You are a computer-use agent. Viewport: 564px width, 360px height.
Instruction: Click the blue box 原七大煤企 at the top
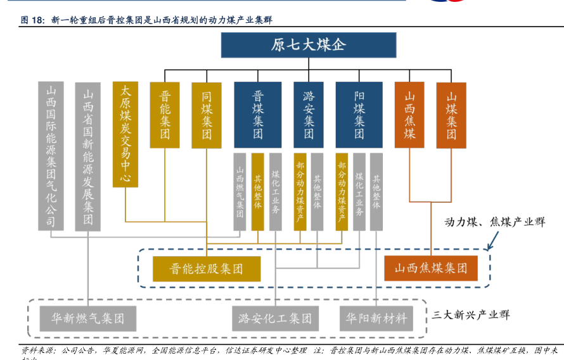point(309,45)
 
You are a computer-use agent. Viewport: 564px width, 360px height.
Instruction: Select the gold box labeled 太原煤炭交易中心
point(125,134)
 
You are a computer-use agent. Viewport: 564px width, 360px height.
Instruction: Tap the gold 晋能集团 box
point(165,115)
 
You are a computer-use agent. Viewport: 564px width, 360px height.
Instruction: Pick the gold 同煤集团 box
point(207,115)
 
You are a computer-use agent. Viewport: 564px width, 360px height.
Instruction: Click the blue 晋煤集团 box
point(258,115)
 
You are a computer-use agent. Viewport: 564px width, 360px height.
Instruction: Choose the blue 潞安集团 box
point(309,115)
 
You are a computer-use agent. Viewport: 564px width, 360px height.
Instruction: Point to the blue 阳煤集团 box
point(359,115)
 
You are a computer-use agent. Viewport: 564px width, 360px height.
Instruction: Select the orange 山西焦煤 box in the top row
point(409,115)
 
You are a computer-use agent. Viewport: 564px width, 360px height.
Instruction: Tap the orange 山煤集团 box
point(451,115)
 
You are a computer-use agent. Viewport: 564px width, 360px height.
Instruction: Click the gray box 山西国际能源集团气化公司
point(51,155)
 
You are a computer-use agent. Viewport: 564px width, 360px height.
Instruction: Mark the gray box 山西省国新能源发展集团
point(88,155)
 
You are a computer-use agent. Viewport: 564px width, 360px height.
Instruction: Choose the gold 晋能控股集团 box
point(207,269)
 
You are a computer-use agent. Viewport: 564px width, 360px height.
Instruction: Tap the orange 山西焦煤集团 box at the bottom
point(431,269)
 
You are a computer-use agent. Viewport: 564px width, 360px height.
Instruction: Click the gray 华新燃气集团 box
point(88,318)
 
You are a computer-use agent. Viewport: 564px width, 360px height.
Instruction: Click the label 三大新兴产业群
point(471,314)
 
